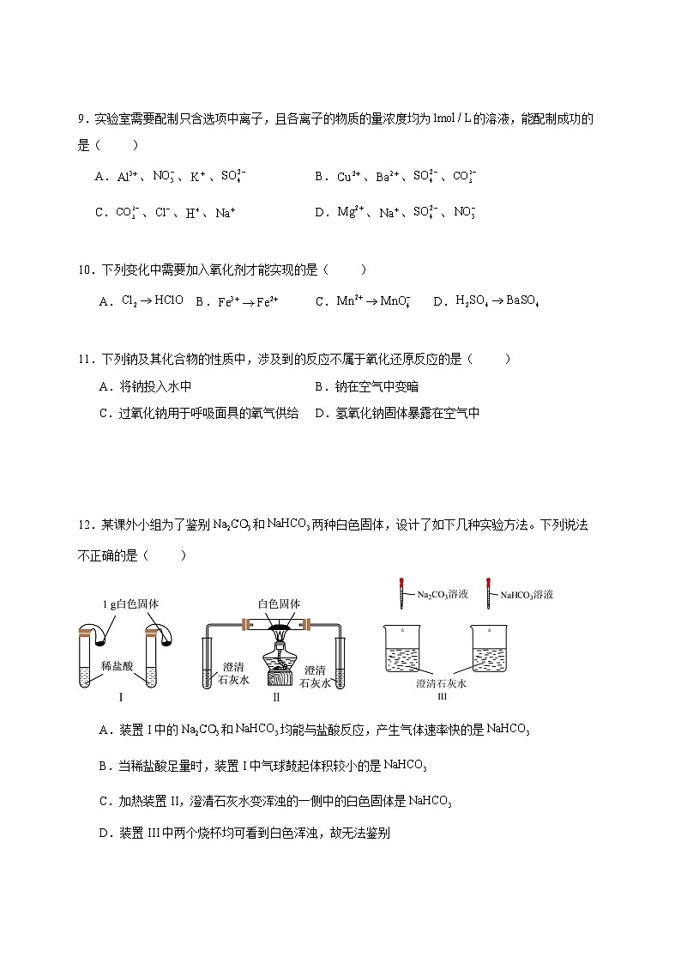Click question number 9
[x=81, y=119]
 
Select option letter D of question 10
[x=439, y=301]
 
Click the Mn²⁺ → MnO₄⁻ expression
[x=373, y=301]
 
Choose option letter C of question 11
[x=105, y=413]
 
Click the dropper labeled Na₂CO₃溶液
[x=401, y=591]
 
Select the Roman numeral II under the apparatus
[x=276, y=698]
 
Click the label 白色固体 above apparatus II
[x=279, y=603]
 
